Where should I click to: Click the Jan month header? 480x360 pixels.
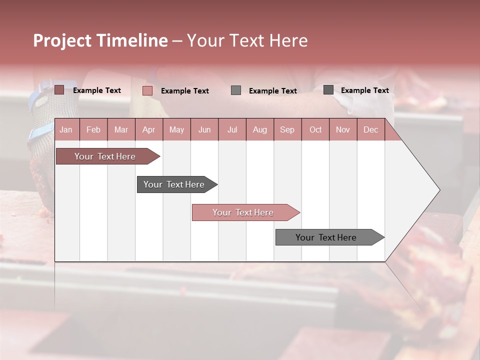(66, 129)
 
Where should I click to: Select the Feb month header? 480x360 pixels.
(93, 129)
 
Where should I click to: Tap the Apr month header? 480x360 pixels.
(148, 129)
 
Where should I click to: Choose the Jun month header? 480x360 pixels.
(204, 129)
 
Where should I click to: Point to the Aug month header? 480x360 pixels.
(260, 129)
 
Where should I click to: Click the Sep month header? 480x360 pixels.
(287, 129)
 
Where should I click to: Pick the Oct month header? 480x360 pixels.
(315, 129)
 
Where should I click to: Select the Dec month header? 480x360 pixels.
(371, 129)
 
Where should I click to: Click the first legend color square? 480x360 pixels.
(59, 90)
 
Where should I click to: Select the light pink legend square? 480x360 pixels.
(147, 90)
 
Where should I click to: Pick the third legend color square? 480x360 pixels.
(236, 90)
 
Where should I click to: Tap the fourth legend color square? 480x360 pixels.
(328, 90)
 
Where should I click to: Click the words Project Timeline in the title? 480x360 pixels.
(100, 40)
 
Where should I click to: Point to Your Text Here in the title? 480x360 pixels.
(247, 40)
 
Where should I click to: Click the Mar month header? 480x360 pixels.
(121, 129)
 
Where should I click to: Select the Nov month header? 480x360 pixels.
(343, 129)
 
